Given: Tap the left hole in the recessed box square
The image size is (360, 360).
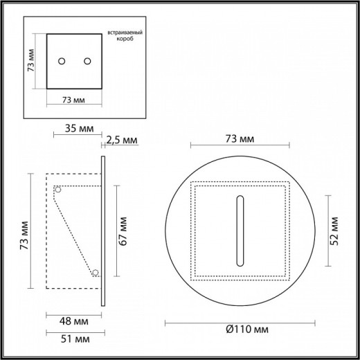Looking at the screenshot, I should click(x=62, y=62).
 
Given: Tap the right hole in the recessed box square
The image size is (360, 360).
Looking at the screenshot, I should click(x=87, y=62).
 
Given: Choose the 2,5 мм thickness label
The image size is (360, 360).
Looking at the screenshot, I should click(x=123, y=141).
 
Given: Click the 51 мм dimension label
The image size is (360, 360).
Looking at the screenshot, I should click(x=73, y=339).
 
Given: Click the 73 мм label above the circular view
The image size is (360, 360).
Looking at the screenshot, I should click(x=239, y=139).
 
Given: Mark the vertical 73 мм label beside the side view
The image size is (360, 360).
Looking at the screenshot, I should click(x=24, y=236).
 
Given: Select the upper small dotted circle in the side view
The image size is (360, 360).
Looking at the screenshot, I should click(x=59, y=189).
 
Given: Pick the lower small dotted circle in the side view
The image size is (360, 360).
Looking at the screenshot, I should click(x=96, y=272).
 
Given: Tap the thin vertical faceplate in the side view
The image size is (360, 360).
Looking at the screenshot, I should click(x=103, y=228).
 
